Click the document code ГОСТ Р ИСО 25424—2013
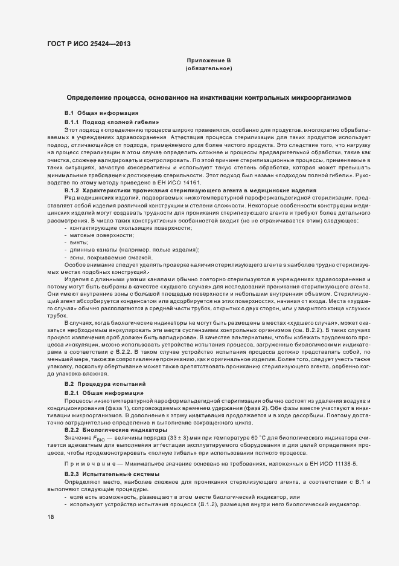(x=88, y=44)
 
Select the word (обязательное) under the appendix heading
(x=209, y=68)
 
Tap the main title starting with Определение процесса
(x=208, y=97)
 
